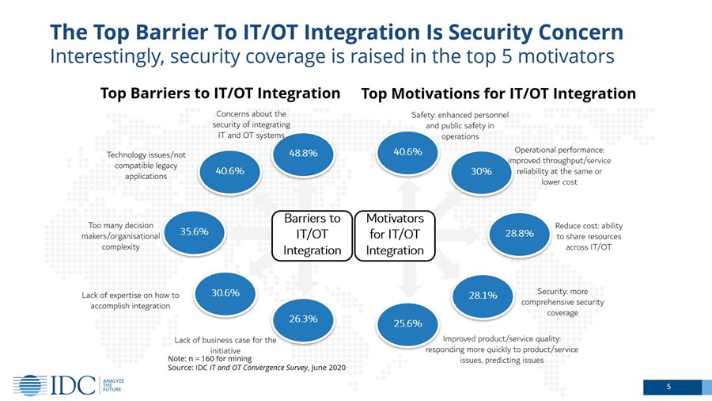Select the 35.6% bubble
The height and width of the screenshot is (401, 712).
pyautogui.click(x=195, y=232)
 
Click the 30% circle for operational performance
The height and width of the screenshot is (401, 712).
pyautogui.click(x=481, y=172)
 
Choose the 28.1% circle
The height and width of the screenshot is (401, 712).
pyautogui.click(x=483, y=296)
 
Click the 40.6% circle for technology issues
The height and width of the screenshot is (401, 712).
pyautogui.click(x=224, y=170)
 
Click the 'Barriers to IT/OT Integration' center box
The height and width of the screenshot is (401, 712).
pyautogui.click(x=312, y=234)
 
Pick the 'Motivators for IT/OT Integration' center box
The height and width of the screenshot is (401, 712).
pyautogui.click(x=396, y=234)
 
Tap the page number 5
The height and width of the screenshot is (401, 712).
pyautogui.click(x=668, y=387)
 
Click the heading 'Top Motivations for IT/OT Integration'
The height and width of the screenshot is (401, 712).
pyautogui.click(x=498, y=94)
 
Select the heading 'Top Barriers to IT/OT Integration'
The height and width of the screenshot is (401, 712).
pyautogui.click(x=220, y=93)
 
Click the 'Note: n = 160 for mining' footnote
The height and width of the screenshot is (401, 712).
pyautogui.click(x=207, y=359)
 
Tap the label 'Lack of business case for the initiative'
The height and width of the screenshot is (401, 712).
pyautogui.click(x=225, y=345)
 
